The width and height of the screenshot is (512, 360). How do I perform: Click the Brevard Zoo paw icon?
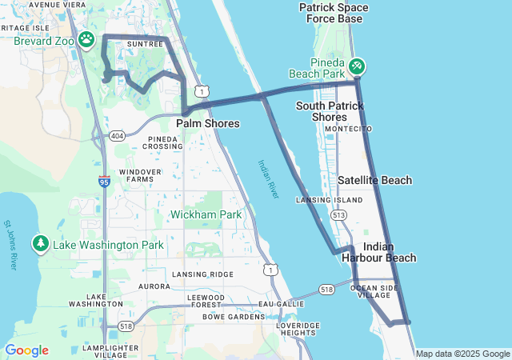click(86, 39)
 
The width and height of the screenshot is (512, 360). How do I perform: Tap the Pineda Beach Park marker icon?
click(357, 64)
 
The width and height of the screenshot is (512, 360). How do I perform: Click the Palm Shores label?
click(207, 124)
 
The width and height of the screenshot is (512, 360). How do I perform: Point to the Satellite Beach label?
click(374, 181)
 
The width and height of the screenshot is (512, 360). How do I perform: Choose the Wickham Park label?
click(206, 214)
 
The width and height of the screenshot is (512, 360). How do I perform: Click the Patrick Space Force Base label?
click(334, 13)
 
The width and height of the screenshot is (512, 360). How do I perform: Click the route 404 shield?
click(118, 135)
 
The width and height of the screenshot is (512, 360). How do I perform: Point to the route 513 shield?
click(339, 215)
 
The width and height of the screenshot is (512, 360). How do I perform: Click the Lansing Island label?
click(318, 200)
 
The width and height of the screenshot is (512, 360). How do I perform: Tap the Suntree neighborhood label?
click(145, 44)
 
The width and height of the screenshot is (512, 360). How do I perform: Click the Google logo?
click(26, 350)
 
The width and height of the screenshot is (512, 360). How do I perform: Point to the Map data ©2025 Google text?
click(462, 354)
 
